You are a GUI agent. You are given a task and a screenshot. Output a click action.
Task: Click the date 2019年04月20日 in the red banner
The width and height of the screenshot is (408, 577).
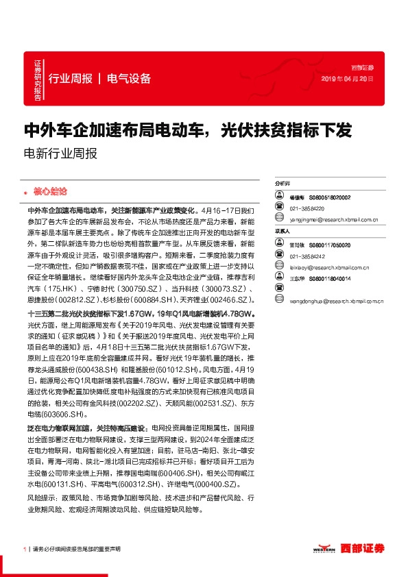pyautogui.click(x=349, y=79)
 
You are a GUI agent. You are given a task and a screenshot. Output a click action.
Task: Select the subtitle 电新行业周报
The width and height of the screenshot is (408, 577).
pyautogui.click(x=60, y=154)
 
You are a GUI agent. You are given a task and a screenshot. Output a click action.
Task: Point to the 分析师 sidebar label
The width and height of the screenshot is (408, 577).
pyautogui.click(x=283, y=184)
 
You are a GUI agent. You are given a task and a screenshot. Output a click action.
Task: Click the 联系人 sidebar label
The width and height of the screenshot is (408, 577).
pyautogui.click(x=283, y=232)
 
